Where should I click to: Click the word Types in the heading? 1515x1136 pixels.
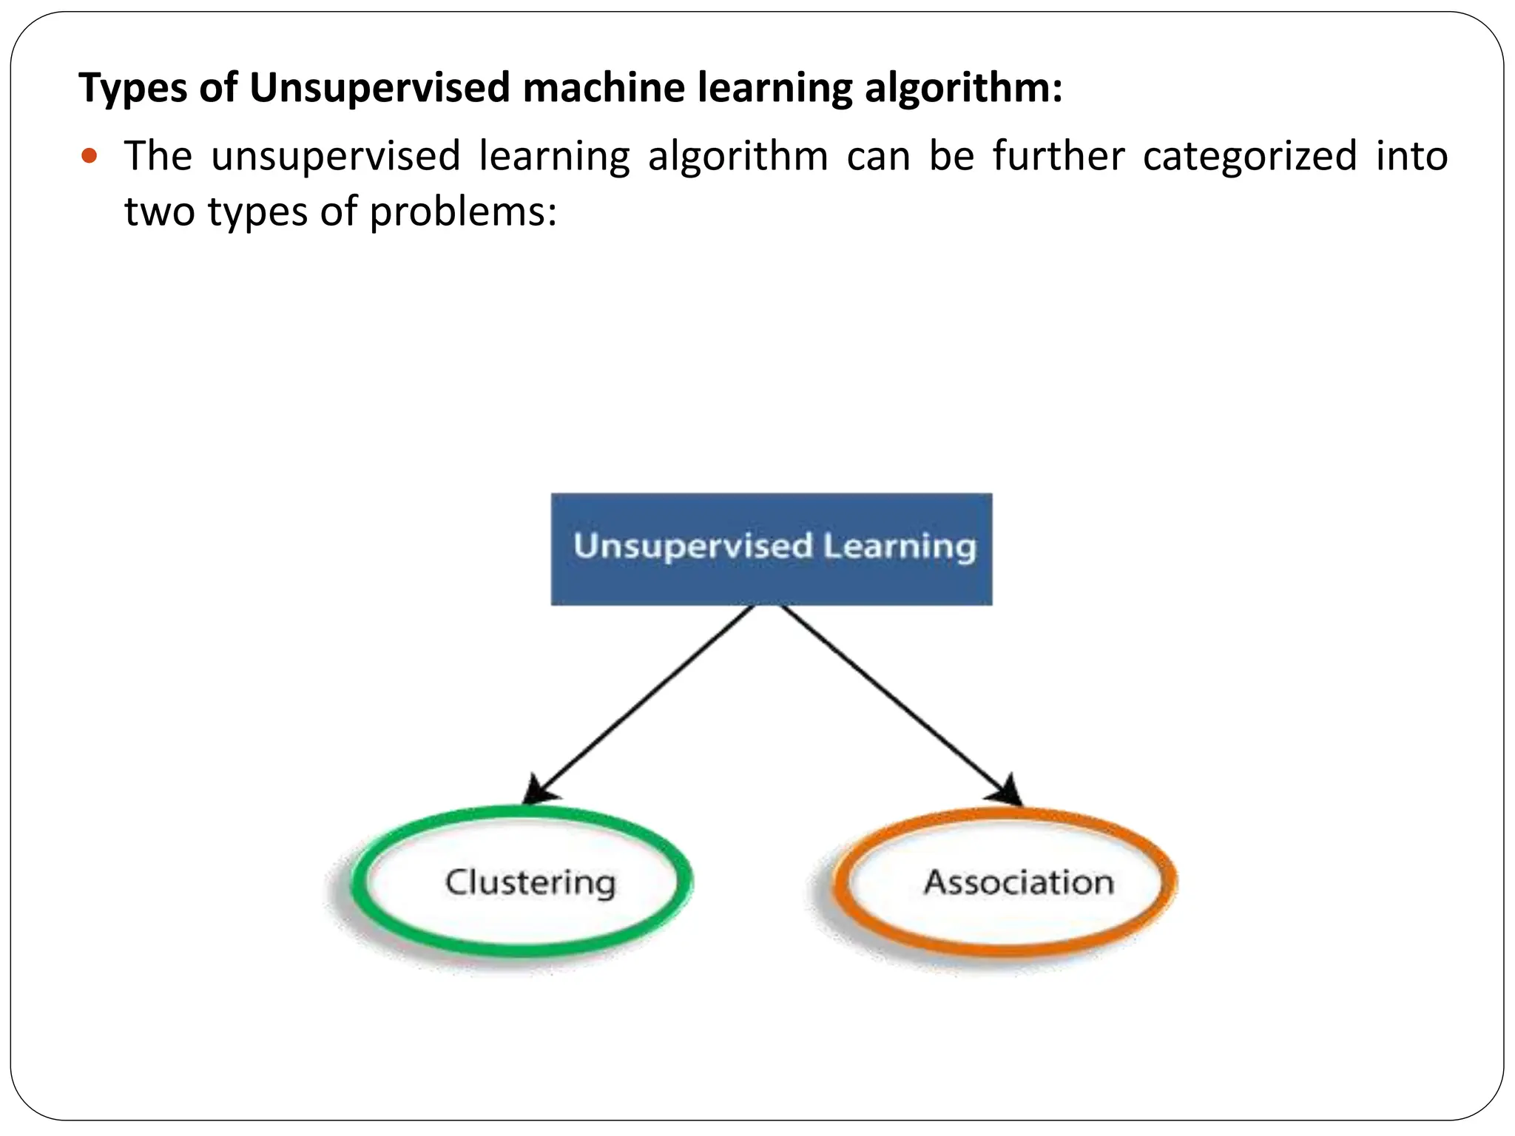(x=132, y=88)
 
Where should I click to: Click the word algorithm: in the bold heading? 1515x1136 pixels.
(x=963, y=88)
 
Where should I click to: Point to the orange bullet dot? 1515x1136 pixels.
(x=90, y=156)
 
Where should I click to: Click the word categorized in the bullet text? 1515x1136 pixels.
(x=1249, y=156)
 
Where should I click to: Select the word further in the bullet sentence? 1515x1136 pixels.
(x=1058, y=156)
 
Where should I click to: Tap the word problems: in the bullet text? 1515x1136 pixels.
(x=462, y=212)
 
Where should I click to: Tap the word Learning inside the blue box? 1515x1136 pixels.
(x=899, y=547)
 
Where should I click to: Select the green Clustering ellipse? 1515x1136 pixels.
(x=522, y=882)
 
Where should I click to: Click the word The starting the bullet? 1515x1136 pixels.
(x=158, y=156)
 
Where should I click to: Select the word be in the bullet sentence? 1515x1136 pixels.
(x=951, y=156)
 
